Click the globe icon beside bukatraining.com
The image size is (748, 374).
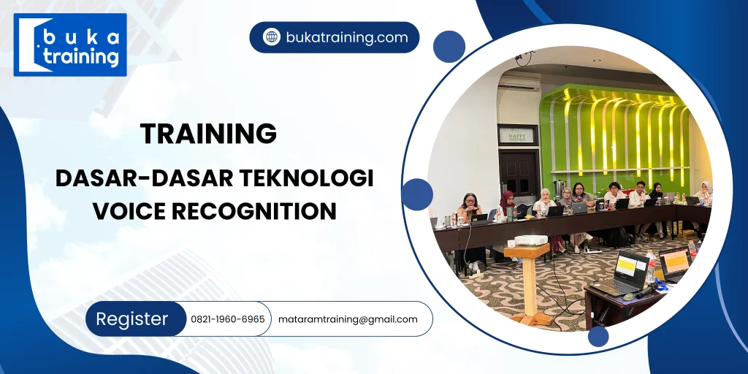(x=272, y=37)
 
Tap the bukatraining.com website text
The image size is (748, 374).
(x=346, y=37)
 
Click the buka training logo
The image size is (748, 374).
(x=70, y=45)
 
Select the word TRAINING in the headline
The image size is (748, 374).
(x=208, y=134)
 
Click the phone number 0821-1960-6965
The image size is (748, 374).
(x=227, y=319)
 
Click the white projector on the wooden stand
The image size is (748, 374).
(x=530, y=240)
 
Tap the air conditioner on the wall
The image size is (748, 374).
(x=519, y=83)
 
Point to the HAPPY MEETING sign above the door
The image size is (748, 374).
(x=517, y=134)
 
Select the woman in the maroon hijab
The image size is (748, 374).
(x=506, y=205)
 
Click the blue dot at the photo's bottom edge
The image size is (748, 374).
(x=598, y=336)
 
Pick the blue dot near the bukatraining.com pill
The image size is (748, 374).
(x=449, y=46)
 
